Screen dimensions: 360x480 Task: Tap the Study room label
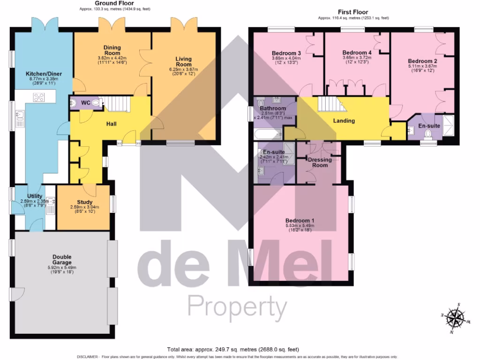tap(84, 202)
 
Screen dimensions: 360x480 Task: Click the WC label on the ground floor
tap(86, 103)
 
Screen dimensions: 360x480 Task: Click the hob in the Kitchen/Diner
tap(39, 97)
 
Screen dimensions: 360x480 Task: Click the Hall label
tap(111, 124)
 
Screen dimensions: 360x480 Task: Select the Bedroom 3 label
tap(286, 53)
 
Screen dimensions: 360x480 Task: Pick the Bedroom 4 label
tap(357, 52)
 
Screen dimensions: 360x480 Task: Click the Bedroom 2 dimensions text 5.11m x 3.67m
tap(422, 67)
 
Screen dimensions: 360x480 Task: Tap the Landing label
tap(344, 120)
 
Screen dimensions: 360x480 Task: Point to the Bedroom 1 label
tap(300, 220)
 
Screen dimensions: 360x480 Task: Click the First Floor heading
tap(353, 12)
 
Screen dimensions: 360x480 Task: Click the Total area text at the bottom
tap(232, 349)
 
